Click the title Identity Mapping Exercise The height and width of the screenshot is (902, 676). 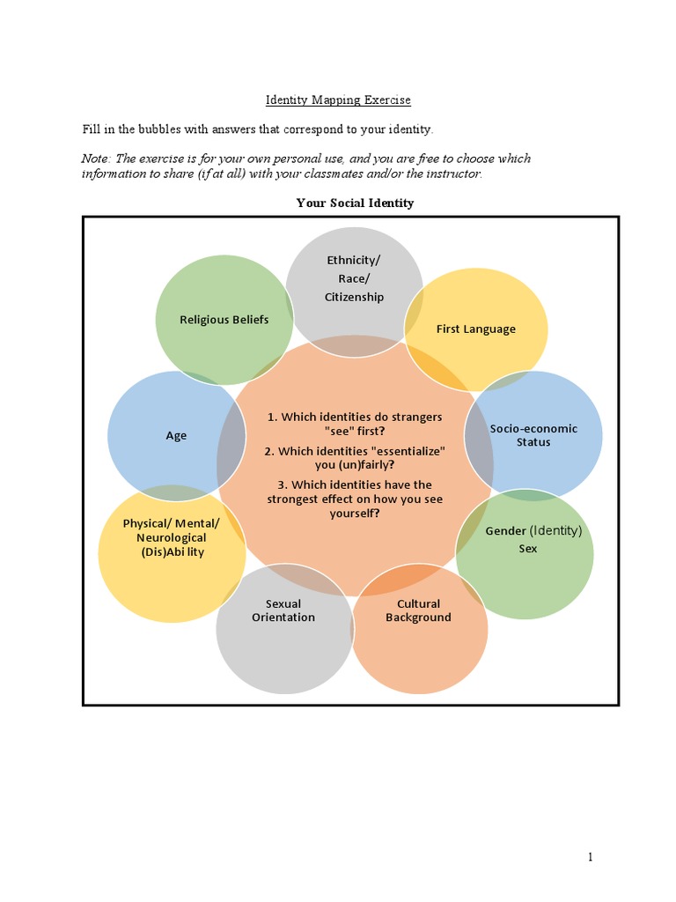point(338,100)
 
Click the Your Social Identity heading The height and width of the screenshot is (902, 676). point(355,203)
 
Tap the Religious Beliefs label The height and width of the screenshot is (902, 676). point(224,319)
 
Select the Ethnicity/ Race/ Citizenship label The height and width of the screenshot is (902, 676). point(354,278)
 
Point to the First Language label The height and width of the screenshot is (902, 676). point(475,329)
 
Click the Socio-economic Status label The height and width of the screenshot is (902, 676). point(533,435)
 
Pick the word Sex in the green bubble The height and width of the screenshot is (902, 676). point(528,548)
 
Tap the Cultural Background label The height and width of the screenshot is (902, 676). point(418,610)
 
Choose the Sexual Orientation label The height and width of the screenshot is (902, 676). point(283,610)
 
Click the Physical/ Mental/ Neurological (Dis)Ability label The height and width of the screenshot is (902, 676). point(172,537)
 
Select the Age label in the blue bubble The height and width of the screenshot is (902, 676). point(176,435)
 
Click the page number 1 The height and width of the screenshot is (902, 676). point(591,857)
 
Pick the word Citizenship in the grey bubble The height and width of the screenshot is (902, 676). point(354,297)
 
